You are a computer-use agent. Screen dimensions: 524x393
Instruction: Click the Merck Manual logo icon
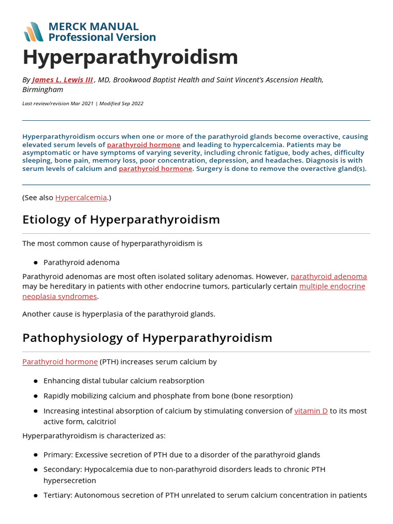[x=33, y=32]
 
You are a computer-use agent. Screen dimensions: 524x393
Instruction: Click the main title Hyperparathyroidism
[x=130, y=57]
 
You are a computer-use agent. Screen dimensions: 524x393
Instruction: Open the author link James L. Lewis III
[x=62, y=80]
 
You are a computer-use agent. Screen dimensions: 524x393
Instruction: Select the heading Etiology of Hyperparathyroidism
[x=121, y=220]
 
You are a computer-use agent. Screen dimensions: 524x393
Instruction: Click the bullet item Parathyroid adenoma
[x=81, y=262]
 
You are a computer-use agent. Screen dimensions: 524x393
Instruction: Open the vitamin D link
[x=311, y=411]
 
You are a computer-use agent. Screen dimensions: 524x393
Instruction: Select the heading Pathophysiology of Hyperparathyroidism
[x=147, y=338]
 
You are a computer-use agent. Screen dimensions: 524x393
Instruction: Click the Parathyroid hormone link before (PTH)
[x=60, y=362]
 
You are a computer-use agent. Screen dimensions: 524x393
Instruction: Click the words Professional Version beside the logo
[x=102, y=37]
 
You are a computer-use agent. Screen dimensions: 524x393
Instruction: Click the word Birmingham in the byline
[x=43, y=90]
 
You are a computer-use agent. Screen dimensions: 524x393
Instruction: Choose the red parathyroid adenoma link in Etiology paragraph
[x=329, y=276]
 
